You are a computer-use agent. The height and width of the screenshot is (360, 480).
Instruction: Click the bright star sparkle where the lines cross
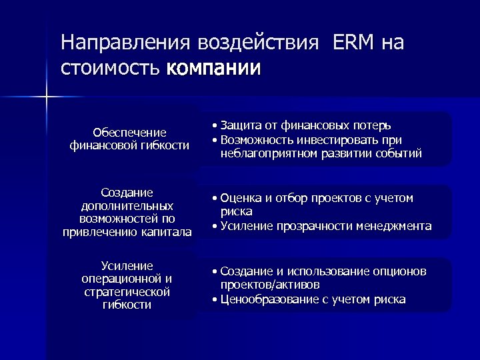pos(47,99)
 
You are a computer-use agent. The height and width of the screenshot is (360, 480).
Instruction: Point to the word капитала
pos(165,232)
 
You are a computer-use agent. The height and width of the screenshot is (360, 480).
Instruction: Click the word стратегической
pos(127,292)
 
